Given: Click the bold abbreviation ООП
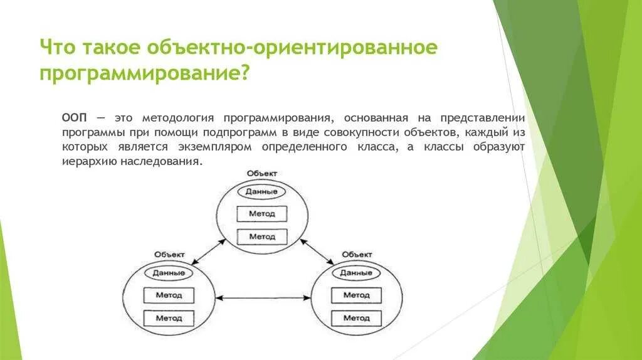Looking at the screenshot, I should coord(75,118).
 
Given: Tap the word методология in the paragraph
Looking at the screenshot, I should coord(179,118).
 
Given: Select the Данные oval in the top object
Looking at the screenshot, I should coord(261,192).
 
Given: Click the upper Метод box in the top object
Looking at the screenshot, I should coord(261,214).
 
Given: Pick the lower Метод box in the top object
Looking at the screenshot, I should coord(261,236).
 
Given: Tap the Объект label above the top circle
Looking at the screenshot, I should coord(261,173).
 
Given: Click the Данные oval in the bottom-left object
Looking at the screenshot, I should coord(169,273).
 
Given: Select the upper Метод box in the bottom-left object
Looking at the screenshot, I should coord(169,295).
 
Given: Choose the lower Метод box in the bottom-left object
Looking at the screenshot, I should coord(169,318).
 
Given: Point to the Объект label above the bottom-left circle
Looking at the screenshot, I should coord(169,254).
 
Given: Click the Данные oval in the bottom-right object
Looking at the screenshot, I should coord(356,273).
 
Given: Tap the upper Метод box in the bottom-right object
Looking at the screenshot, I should coord(356,295).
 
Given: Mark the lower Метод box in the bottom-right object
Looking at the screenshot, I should coord(356,318).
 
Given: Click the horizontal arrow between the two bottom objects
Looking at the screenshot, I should coord(263,299).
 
